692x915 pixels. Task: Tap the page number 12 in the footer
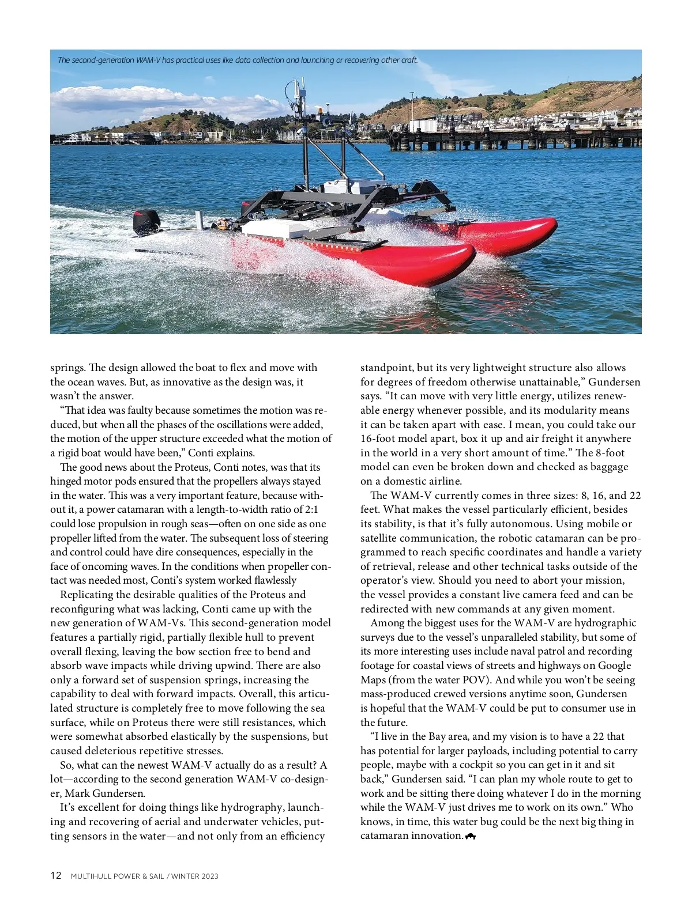pyautogui.click(x=56, y=875)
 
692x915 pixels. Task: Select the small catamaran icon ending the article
pyautogui.click(x=470, y=836)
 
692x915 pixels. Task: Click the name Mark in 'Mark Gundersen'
pyautogui.click(x=77, y=793)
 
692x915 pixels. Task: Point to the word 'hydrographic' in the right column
pyautogui.click(x=605, y=623)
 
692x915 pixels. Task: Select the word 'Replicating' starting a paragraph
pyautogui.click(x=87, y=595)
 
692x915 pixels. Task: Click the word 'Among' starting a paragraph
pyautogui.click(x=386, y=623)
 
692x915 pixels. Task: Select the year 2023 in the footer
pyautogui.click(x=210, y=876)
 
